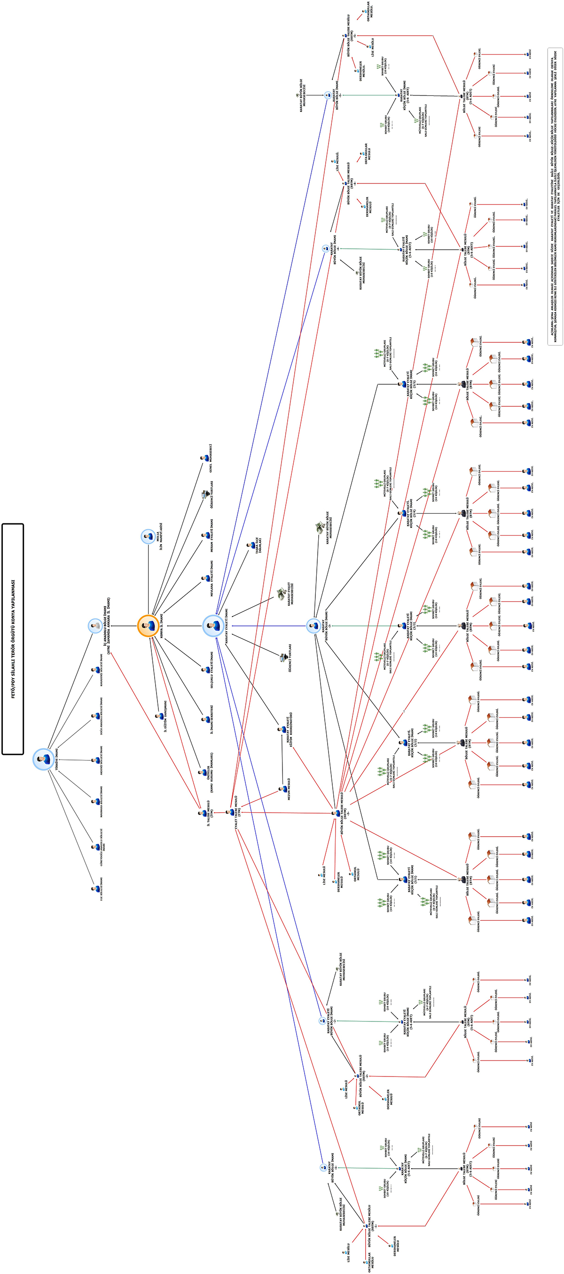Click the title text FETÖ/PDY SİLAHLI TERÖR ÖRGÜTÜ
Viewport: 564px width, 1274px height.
pyautogui.click(x=13, y=638)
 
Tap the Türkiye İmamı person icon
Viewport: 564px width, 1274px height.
pyautogui.click(x=44, y=759)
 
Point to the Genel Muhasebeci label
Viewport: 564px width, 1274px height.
pyautogui.click(x=211, y=458)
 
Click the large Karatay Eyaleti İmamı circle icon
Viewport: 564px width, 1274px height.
pyautogui.click(x=213, y=625)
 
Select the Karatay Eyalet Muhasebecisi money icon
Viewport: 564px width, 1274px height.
pyautogui.click(x=281, y=593)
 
